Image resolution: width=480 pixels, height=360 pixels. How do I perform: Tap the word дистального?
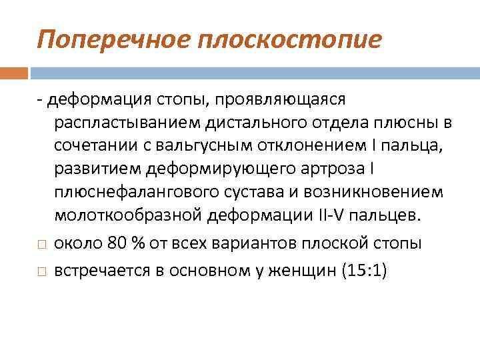[244, 123]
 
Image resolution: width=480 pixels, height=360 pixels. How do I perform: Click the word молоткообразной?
[129, 216]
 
